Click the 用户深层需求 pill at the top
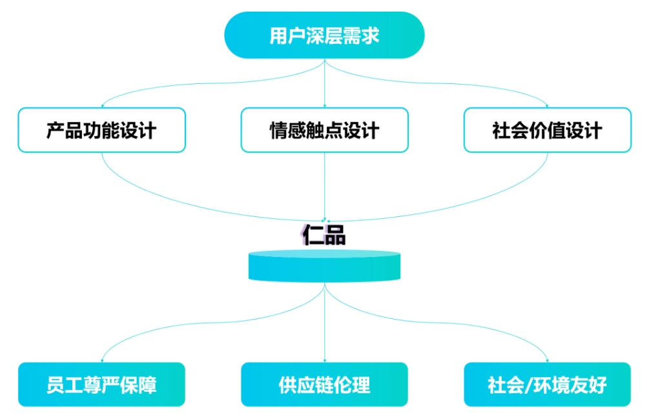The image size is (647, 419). [x=324, y=35]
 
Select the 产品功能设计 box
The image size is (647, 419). [x=101, y=130]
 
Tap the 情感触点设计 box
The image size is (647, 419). [x=324, y=130]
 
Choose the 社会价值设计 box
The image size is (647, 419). [x=547, y=130]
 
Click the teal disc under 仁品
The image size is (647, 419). [x=324, y=266]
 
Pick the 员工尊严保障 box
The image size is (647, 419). [x=101, y=385]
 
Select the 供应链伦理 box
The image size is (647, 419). [x=324, y=385]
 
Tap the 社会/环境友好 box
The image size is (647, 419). [x=547, y=385]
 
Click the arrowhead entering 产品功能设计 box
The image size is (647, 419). [x=102, y=105]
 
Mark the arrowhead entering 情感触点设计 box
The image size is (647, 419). [x=324, y=105]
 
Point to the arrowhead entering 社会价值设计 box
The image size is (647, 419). [x=547, y=105]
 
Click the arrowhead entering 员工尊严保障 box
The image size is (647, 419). [x=102, y=360]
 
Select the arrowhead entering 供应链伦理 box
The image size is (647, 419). [x=324, y=360]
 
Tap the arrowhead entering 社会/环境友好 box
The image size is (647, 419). [x=547, y=360]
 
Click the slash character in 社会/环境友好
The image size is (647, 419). [x=528, y=385]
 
